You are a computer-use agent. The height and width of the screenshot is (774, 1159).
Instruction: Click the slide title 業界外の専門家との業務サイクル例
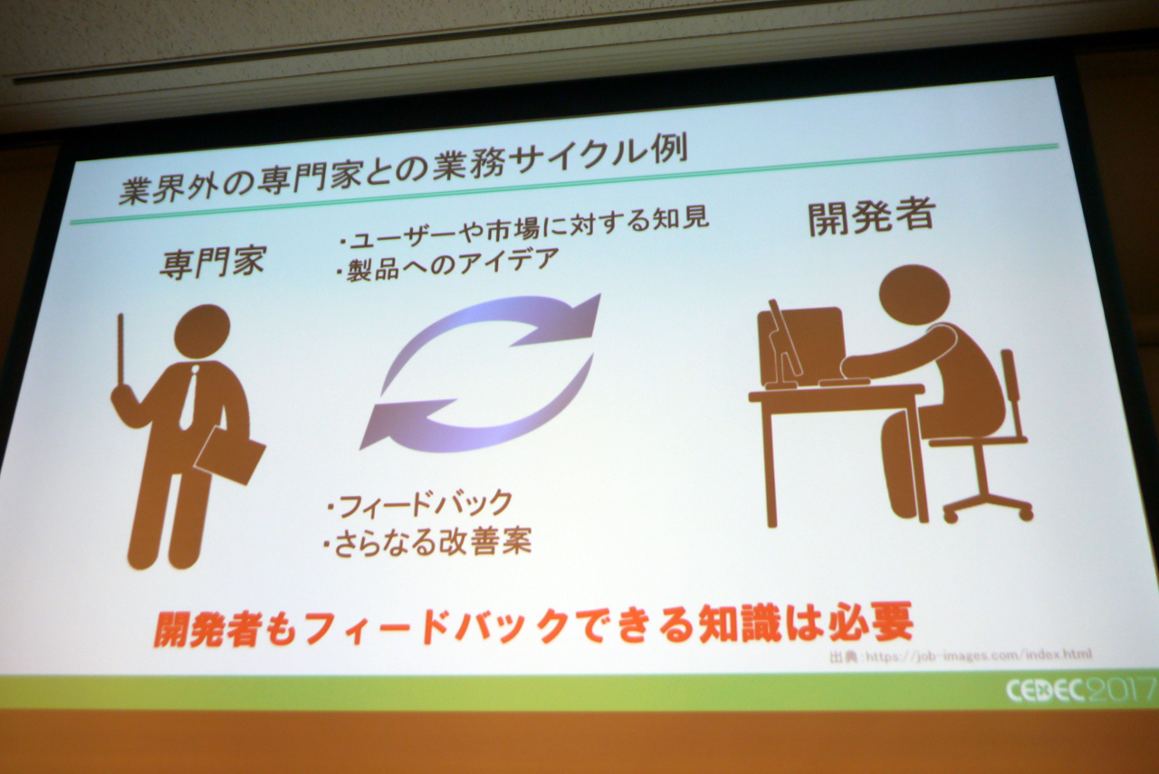pos(404,172)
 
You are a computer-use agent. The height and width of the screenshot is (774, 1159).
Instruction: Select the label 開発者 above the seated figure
pos(871,217)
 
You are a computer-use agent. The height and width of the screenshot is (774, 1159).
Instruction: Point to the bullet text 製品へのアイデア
pos(448,265)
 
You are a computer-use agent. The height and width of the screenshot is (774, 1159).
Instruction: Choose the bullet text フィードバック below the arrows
pos(419,505)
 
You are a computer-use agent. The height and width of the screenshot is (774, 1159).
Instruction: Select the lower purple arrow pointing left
pos(476,414)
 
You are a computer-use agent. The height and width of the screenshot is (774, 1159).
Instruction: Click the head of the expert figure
pos(202,331)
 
